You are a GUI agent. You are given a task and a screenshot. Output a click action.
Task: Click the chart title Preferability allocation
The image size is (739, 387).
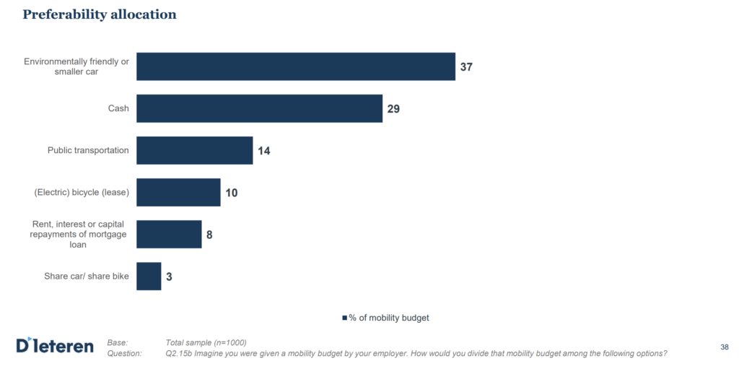100,14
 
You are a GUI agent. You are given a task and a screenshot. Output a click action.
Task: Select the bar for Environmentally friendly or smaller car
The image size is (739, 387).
295,66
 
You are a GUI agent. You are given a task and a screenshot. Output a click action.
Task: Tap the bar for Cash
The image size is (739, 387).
259,108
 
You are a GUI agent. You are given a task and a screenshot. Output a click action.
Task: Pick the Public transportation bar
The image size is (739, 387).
194,150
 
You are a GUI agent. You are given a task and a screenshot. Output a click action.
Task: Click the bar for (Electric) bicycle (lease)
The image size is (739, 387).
178,193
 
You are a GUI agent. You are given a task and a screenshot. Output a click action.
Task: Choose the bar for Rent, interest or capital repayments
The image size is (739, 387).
169,235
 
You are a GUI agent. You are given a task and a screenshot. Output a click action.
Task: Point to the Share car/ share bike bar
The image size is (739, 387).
149,277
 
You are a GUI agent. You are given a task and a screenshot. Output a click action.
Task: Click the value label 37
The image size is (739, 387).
467,67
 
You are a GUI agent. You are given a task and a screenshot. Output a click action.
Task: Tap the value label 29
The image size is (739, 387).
393,109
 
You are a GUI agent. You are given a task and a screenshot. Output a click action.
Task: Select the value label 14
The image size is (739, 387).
263,151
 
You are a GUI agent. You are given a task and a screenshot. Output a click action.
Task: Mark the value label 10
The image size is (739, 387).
231,193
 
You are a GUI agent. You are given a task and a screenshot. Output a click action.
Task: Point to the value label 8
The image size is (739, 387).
209,235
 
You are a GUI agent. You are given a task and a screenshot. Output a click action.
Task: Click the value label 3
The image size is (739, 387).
169,277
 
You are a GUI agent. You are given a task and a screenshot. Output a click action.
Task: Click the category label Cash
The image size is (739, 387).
118,108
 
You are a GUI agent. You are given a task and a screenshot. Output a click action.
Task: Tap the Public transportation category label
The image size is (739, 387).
88,150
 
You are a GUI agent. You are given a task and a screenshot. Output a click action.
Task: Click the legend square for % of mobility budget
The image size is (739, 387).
344,318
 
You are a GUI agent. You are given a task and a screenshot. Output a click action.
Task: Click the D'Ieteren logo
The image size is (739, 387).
55,346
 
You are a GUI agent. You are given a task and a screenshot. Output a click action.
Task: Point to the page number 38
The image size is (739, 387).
724,347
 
